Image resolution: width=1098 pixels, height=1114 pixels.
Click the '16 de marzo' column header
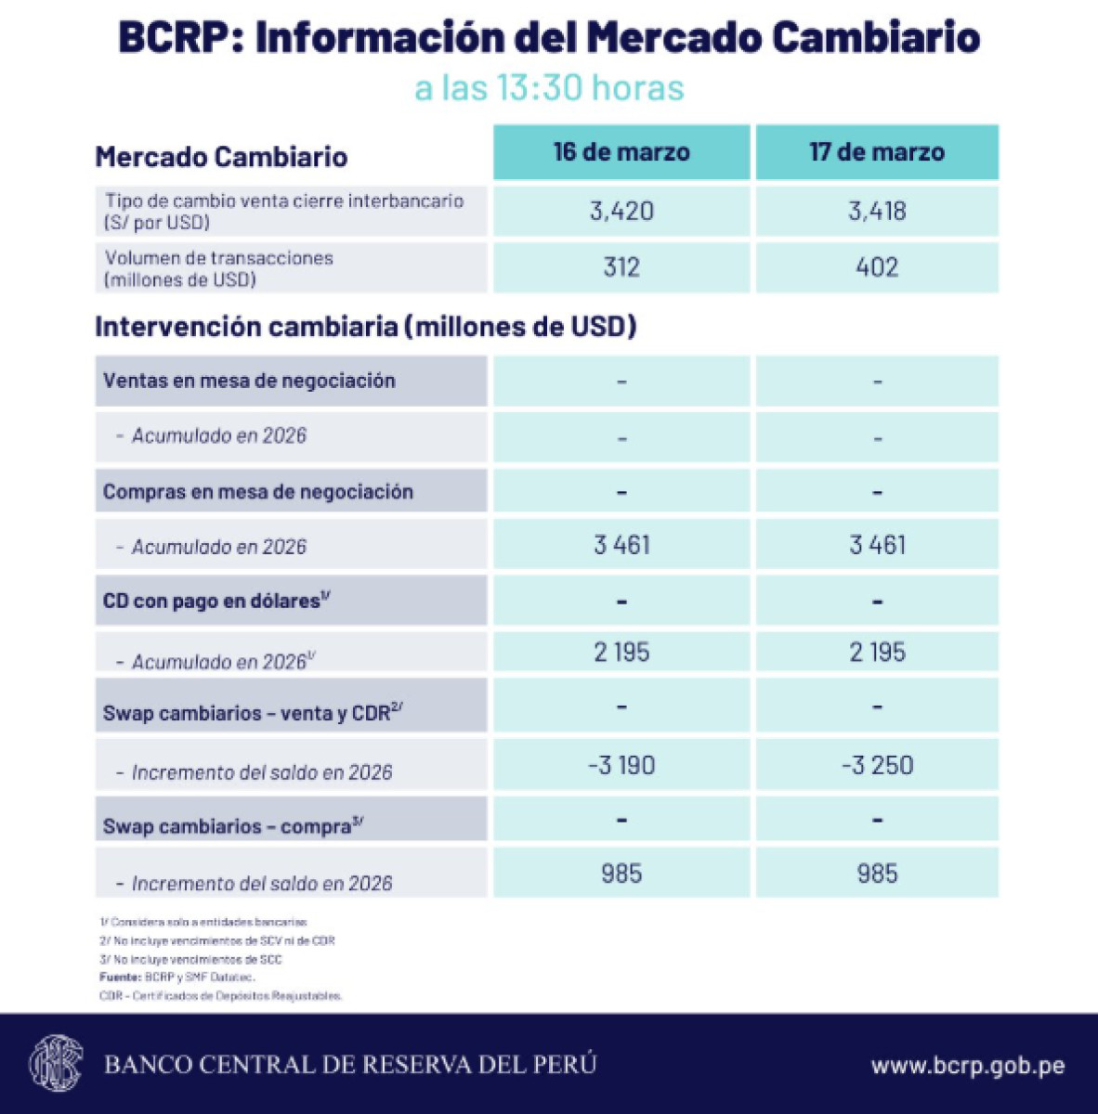(x=621, y=152)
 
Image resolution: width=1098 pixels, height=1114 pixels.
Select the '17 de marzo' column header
(x=877, y=152)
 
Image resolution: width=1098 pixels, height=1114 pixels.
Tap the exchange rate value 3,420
(x=621, y=211)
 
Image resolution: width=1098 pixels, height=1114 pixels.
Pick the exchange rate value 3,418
(x=877, y=211)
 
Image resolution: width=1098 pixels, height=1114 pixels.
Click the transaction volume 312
(x=621, y=267)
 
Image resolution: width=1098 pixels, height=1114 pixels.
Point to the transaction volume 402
(x=877, y=267)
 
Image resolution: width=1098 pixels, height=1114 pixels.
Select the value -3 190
(x=621, y=766)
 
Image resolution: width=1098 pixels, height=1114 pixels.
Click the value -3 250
(x=877, y=766)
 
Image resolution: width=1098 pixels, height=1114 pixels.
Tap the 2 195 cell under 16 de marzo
(x=621, y=652)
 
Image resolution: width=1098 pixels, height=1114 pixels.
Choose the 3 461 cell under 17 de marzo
(x=877, y=545)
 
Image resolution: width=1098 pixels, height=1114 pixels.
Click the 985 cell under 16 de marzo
(x=621, y=874)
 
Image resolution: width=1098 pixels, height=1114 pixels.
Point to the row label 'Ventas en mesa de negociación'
(x=249, y=381)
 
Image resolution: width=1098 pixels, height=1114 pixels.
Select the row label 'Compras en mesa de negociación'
(x=257, y=492)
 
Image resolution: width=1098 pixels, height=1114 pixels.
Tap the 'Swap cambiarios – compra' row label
(x=232, y=825)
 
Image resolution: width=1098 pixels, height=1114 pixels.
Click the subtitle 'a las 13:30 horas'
(x=549, y=88)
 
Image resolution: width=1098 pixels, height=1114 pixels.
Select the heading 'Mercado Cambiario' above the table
(x=221, y=157)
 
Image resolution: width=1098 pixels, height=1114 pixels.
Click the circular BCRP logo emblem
(x=56, y=1063)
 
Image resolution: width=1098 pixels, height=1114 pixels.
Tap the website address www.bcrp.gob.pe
(x=967, y=1066)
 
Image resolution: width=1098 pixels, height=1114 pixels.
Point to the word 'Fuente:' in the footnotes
(x=120, y=978)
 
